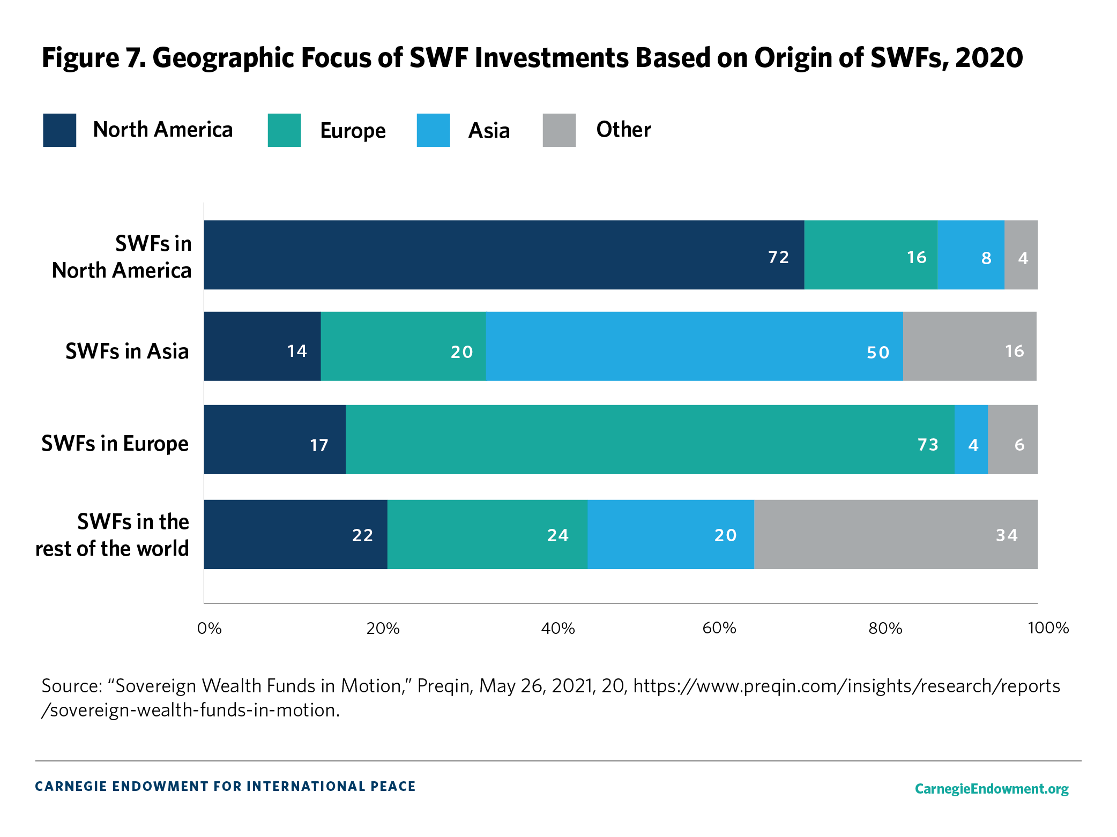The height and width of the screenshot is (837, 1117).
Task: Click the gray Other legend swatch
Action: click(x=559, y=130)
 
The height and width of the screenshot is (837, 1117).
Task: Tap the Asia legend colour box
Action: click(x=433, y=130)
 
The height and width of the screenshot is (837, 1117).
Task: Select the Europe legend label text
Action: click(x=353, y=131)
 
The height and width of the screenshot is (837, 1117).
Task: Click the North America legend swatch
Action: click(x=59, y=130)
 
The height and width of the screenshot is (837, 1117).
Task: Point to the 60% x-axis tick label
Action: click(x=719, y=628)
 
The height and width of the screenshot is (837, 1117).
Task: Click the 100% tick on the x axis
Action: click(x=1048, y=628)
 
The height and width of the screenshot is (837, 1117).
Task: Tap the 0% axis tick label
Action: click(x=209, y=628)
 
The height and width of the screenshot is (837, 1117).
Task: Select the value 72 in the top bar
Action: click(x=778, y=257)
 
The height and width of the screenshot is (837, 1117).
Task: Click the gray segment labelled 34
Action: click(x=895, y=534)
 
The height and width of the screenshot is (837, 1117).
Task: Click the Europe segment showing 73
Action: click(x=650, y=439)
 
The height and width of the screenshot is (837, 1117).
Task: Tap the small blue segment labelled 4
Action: click(x=971, y=439)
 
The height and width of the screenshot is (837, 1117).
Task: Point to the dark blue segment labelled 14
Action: click(x=262, y=347)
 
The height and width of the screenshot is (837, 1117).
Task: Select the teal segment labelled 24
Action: click(x=487, y=534)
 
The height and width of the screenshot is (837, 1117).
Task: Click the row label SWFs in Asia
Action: click(x=127, y=352)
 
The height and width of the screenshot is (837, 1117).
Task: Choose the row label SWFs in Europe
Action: click(x=115, y=444)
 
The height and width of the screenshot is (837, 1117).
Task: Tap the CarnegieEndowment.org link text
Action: click(x=991, y=789)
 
